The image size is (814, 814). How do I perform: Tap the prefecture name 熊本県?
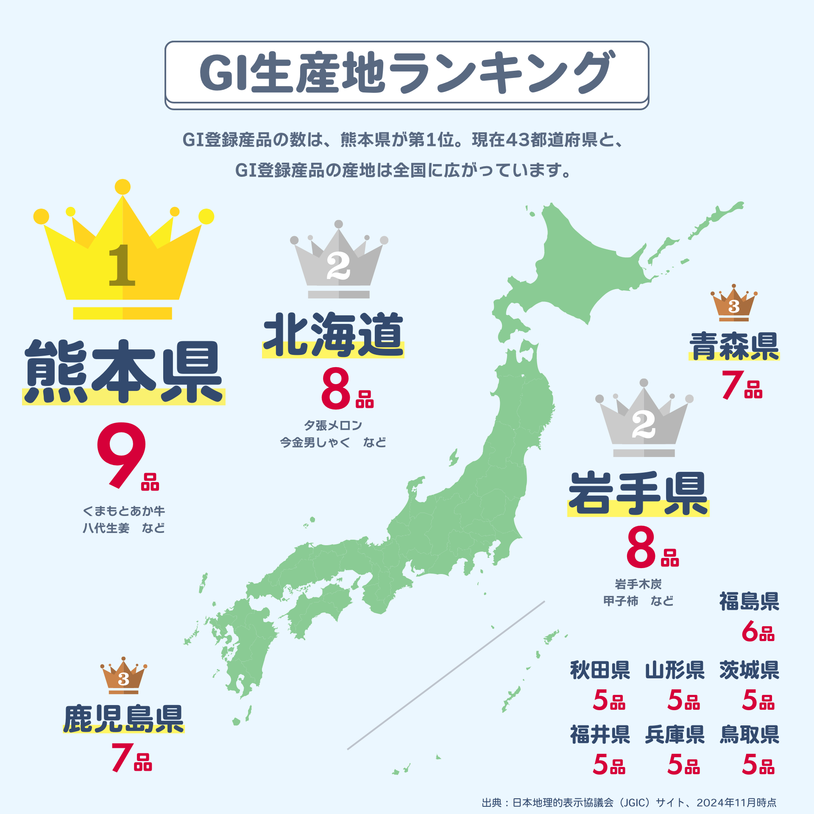[x=123, y=372]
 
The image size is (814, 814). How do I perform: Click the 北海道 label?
[x=333, y=335]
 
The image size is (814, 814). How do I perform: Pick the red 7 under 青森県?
[x=733, y=385]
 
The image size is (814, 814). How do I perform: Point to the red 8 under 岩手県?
[x=641, y=547]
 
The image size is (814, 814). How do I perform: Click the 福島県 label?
[x=749, y=602]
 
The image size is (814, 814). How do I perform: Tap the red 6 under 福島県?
[x=750, y=632]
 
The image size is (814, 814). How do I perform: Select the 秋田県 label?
[x=600, y=670]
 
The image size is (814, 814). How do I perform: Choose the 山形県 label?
[x=675, y=670]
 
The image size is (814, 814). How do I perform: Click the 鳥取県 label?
[x=749, y=735]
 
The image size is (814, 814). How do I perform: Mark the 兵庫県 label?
[x=675, y=735]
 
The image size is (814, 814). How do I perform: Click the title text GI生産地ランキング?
[x=407, y=72]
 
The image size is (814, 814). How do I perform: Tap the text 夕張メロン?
[x=333, y=425]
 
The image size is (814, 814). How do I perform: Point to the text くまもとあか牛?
[x=123, y=511]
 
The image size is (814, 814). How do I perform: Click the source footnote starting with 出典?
[x=629, y=803]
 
